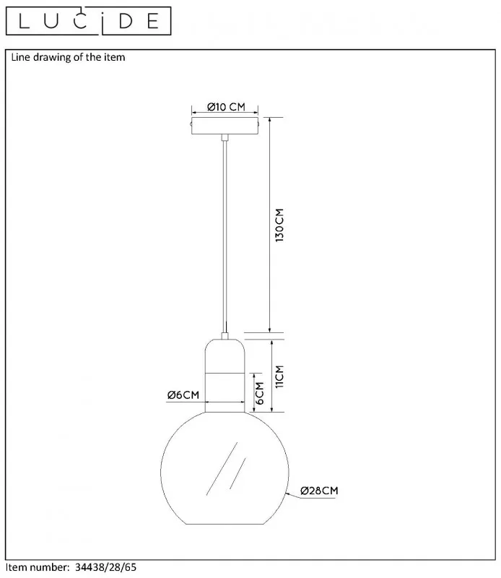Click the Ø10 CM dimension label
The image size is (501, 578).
226,107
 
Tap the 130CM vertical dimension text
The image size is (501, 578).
279,225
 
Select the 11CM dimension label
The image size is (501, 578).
279,376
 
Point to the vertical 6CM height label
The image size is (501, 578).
260,393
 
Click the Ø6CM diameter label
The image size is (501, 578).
183,394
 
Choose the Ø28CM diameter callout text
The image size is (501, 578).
319,491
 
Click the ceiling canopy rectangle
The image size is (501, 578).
225,126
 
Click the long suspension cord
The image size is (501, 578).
225,237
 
